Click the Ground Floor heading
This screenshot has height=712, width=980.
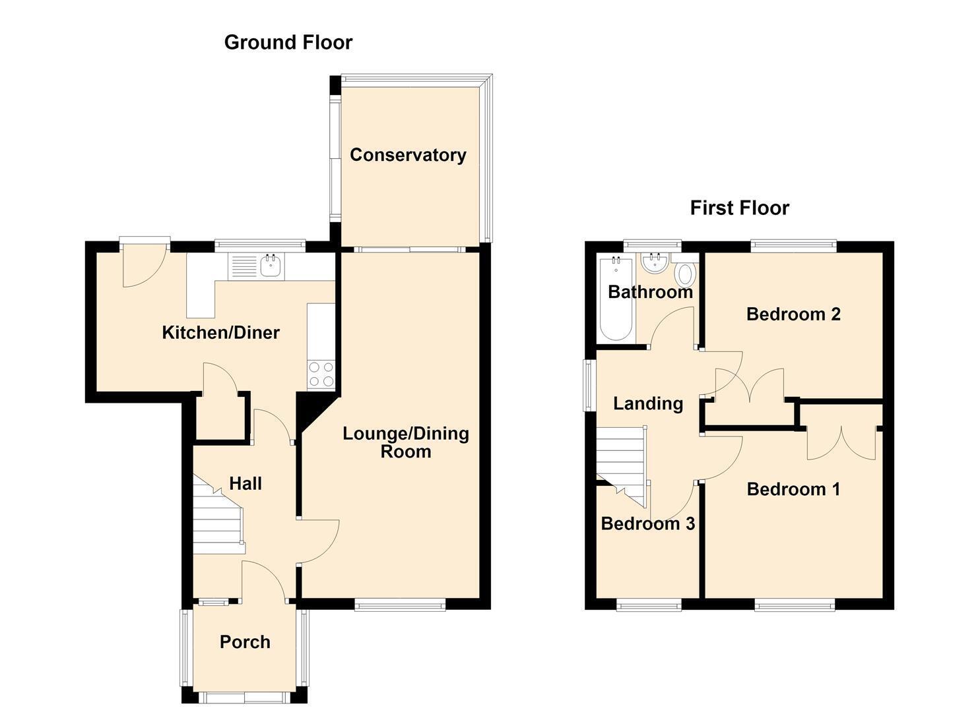288,43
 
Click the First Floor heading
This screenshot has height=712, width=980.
740,208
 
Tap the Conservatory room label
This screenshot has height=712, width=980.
408,156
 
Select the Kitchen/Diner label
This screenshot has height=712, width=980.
220,333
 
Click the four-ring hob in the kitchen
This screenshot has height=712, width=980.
321,374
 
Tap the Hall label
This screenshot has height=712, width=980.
245,483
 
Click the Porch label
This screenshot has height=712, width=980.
245,642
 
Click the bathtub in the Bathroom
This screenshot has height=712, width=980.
616,299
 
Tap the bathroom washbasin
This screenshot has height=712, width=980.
655,262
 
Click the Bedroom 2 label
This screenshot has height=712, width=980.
793,314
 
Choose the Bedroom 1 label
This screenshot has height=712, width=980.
793,489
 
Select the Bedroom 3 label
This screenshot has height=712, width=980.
647,523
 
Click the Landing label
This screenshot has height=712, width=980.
648,403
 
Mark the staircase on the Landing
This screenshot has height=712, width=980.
621,466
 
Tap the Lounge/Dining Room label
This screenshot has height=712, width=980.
406,442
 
